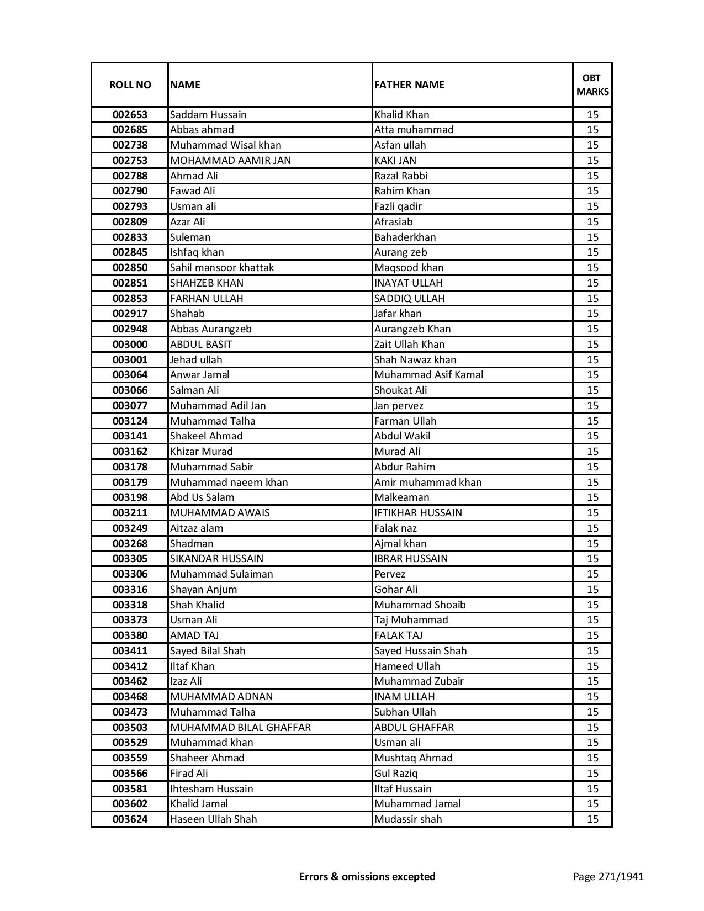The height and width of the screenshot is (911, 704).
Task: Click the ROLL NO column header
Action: (x=130, y=84)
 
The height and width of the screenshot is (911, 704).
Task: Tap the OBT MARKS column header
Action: (x=592, y=84)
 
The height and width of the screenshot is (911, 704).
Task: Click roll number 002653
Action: (x=130, y=115)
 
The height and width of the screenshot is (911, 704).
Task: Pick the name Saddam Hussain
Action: (x=208, y=115)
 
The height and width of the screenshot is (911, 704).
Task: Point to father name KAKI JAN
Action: (x=395, y=161)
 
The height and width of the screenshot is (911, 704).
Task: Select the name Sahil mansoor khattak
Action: (x=222, y=268)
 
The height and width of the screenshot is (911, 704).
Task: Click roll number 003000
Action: (x=130, y=345)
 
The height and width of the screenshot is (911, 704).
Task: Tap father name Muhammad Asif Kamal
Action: (x=428, y=375)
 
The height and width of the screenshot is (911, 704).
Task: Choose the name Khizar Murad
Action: (x=202, y=452)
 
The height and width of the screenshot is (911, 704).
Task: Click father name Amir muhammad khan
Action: (x=428, y=483)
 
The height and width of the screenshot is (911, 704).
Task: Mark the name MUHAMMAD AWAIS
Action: (x=220, y=513)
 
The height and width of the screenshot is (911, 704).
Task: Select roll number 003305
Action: (x=130, y=559)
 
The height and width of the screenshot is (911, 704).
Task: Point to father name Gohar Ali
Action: (x=396, y=590)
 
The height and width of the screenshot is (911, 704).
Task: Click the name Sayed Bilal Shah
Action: (x=208, y=651)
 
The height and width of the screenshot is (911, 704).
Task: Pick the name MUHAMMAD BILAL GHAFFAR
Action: (x=240, y=728)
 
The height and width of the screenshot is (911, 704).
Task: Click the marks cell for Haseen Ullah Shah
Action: (x=592, y=819)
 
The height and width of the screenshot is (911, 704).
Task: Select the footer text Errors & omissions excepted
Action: (x=367, y=876)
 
